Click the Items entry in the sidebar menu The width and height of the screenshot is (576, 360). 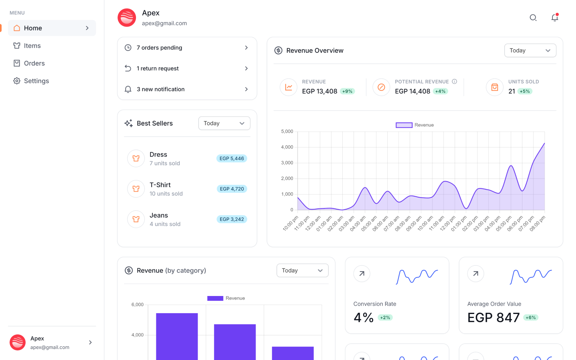[x=32, y=46]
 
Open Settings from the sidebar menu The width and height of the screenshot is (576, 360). [x=36, y=81]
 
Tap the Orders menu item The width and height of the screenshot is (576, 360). [x=34, y=63]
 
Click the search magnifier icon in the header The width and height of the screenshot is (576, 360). [x=533, y=18]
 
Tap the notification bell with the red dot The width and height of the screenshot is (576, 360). [x=554, y=18]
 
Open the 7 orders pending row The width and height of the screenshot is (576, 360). [x=187, y=48]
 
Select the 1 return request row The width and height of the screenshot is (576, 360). [x=187, y=68]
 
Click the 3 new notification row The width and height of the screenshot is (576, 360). [x=187, y=89]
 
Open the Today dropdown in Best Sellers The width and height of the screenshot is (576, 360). [x=224, y=123]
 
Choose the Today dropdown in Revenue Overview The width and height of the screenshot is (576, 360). [x=530, y=50]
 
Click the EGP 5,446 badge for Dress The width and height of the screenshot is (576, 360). [x=232, y=158]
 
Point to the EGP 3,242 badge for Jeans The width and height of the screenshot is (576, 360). [x=232, y=219]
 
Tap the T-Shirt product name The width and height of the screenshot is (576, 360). [x=160, y=185]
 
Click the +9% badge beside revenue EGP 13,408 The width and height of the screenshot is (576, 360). [x=347, y=91]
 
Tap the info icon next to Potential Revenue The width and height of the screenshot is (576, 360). [x=454, y=82]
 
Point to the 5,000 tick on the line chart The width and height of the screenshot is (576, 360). [x=287, y=132]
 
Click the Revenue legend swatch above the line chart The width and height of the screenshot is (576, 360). [x=404, y=125]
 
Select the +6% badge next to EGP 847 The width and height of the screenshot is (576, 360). [x=530, y=318]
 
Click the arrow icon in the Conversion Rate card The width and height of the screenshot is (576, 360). [x=362, y=274]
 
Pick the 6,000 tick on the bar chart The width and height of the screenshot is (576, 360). [x=137, y=305]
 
